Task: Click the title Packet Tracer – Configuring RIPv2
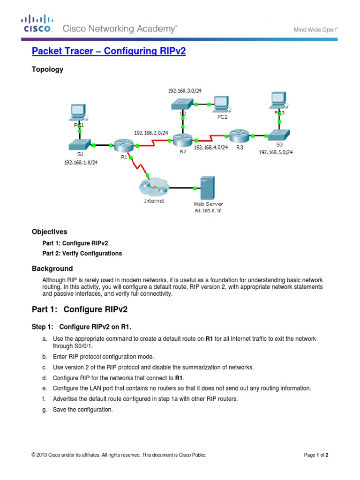(109, 52)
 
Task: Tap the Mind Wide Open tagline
(315, 29)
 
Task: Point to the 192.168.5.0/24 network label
(276, 152)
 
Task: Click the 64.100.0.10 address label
(208, 211)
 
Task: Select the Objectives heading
(49, 232)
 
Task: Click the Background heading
(52, 269)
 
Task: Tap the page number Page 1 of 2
(319, 455)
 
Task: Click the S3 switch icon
(280, 135)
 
